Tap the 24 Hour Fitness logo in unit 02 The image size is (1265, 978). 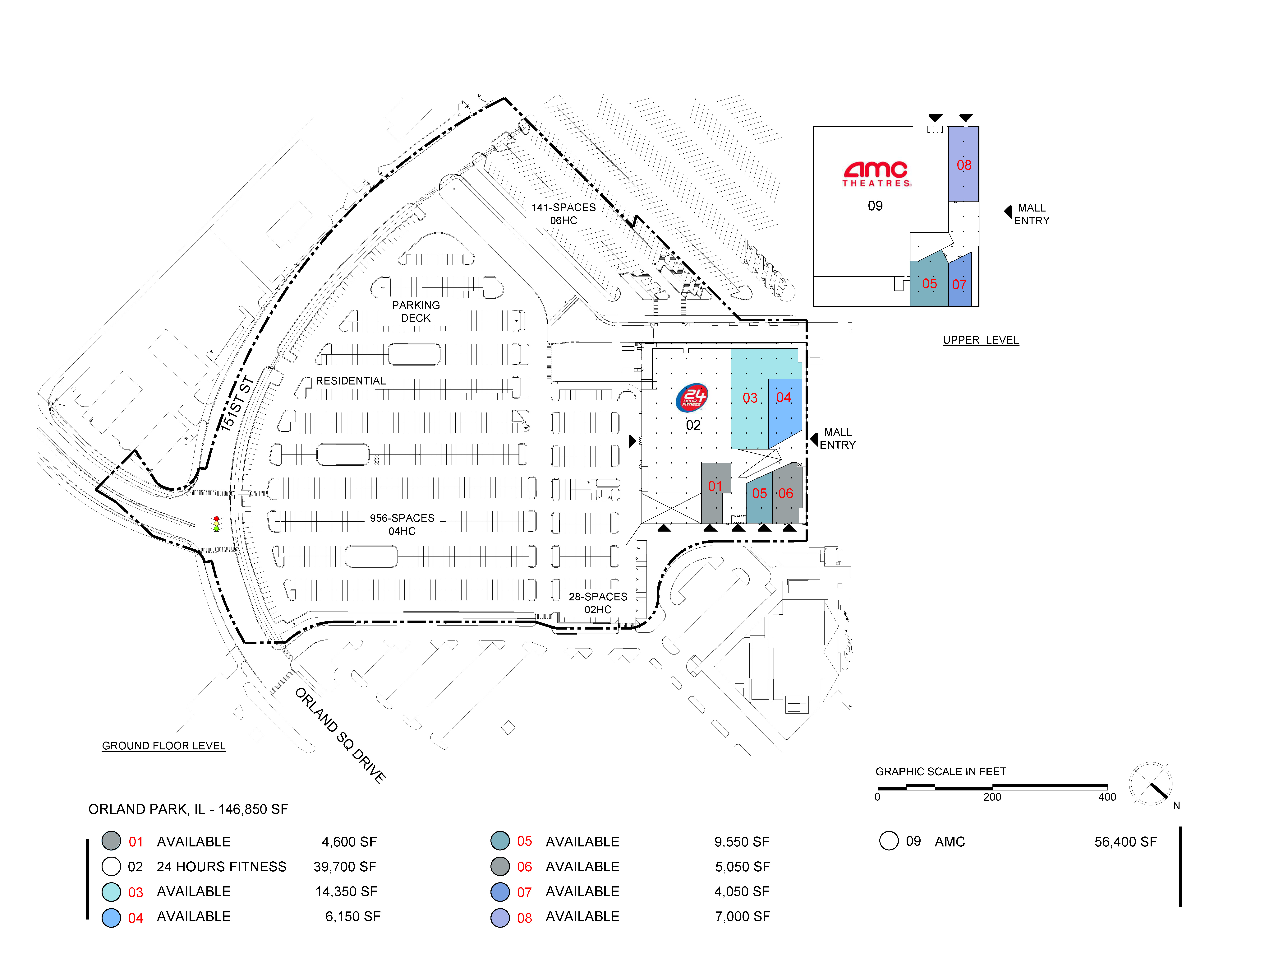[x=692, y=398]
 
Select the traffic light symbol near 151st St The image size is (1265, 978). [x=216, y=523]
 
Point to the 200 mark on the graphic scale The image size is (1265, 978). [x=992, y=797]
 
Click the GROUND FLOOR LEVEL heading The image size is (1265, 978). [x=164, y=746]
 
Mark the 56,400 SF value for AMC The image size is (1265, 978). [x=1125, y=842]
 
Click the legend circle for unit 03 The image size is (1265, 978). [x=111, y=892]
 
